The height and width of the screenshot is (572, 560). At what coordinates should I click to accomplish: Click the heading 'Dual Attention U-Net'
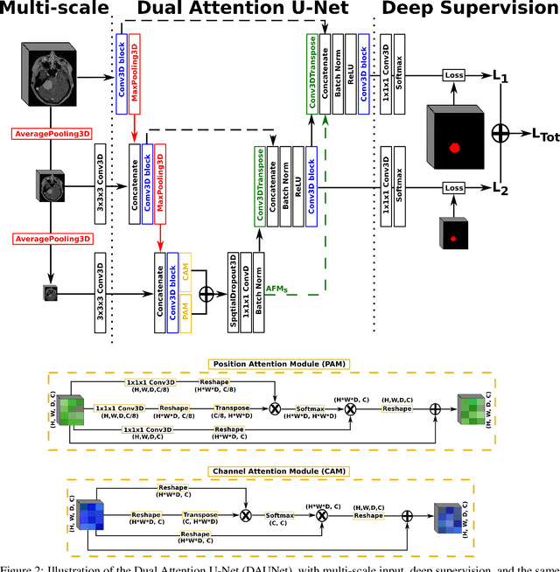pos(246,10)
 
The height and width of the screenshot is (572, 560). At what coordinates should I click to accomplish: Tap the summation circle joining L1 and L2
pos(500,132)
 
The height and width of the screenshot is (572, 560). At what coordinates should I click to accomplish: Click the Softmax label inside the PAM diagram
pos(313,408)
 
